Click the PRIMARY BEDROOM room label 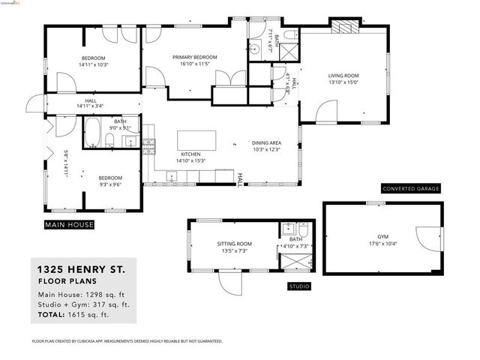click(194, 57)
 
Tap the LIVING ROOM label click(344, 75)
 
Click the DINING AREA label click(266, 142)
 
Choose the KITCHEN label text click(189, 154)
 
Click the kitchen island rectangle click(196, 140)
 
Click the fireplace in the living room click(346, 27)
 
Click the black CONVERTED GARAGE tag click(410, 188)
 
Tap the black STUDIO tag click(299, 286)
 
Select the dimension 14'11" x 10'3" click(93, 65)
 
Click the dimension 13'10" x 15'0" click(344, 82)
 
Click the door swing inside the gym click(429, 240)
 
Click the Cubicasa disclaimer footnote click(127, 340)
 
